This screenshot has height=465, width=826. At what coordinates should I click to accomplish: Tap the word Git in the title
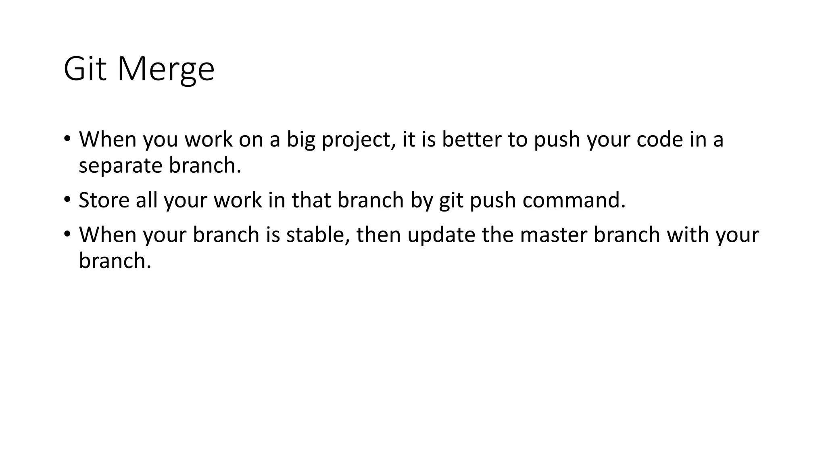85,69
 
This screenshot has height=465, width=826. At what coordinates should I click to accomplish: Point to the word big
301,140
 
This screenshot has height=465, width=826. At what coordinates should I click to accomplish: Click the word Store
104,200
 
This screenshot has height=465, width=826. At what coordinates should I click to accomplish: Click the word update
441,235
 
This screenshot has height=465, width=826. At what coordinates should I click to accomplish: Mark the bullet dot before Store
67,199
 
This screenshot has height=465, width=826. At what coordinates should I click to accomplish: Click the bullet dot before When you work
67,139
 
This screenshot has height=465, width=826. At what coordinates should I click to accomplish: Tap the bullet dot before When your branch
67,234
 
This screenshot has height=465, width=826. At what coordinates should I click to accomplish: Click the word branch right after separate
204,165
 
